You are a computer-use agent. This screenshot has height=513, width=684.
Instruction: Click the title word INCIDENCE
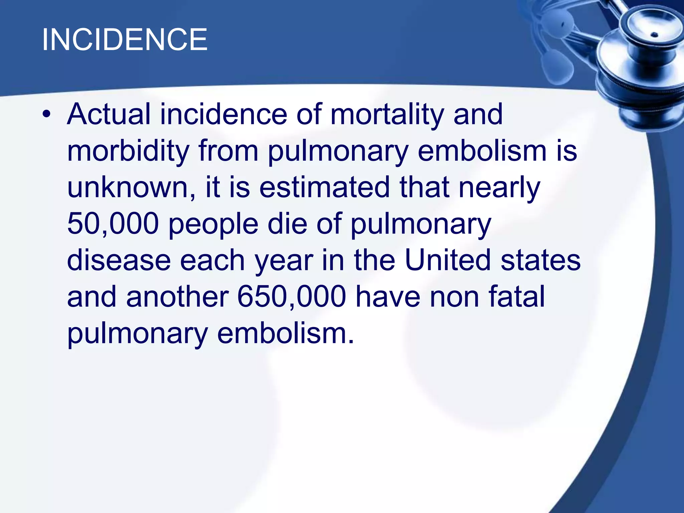tap(125, 40)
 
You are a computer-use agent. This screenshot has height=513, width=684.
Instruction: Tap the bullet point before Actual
tap(46, 115)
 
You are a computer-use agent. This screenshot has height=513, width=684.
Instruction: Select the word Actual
tap(109, 115)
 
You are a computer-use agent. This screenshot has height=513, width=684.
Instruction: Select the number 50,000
tap(113, 224)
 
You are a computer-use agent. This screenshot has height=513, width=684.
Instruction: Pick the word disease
tap(119, 260)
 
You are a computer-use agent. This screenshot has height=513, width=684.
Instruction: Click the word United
tap(448, 260)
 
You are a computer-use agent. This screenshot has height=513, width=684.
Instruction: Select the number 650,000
tap(292, 297)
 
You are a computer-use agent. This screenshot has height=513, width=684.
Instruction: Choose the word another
tap(177, 297)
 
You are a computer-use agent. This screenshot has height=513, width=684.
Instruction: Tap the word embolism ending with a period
tap(286, 333)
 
